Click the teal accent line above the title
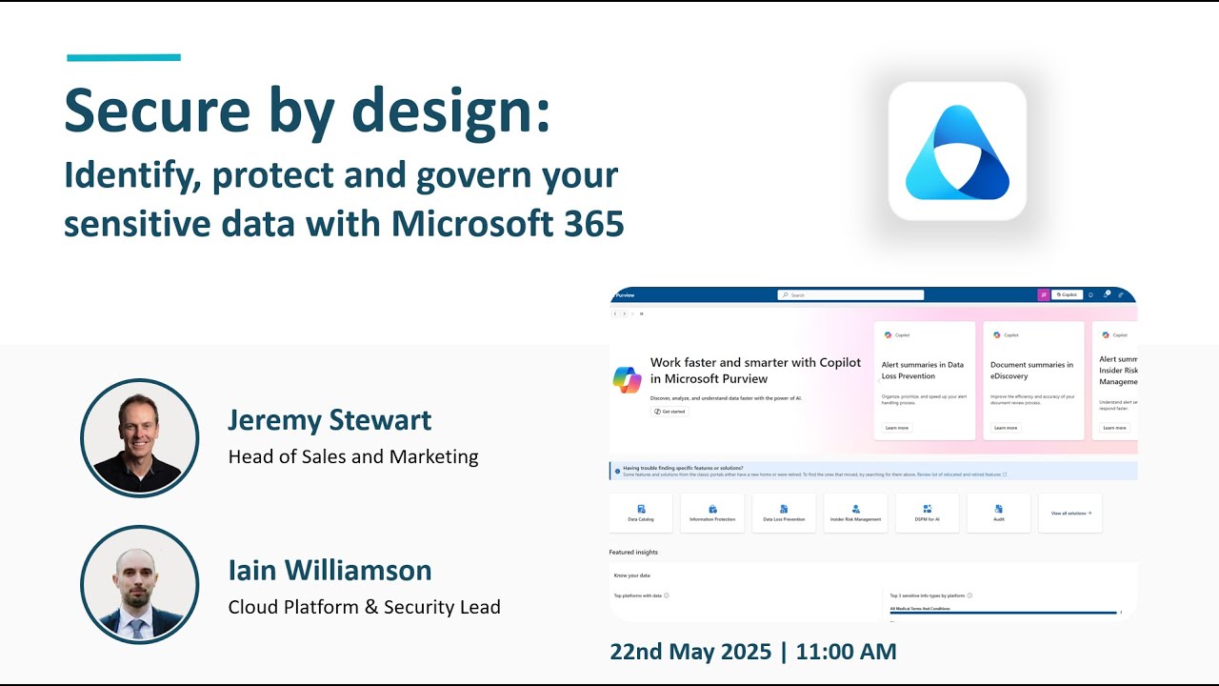124,58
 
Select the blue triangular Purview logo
957,152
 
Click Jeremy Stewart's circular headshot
140,438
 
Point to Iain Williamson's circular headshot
140,584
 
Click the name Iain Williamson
330,571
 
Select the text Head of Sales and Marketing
353,457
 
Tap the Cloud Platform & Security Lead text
364,607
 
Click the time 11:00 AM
846,652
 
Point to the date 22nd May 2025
690,652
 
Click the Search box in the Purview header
850,295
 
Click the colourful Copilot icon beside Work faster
628,379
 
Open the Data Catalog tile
641,513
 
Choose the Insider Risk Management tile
855,513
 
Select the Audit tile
998,513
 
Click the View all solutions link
1070,513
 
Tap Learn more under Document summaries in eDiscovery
1006,428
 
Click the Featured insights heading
633,552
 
